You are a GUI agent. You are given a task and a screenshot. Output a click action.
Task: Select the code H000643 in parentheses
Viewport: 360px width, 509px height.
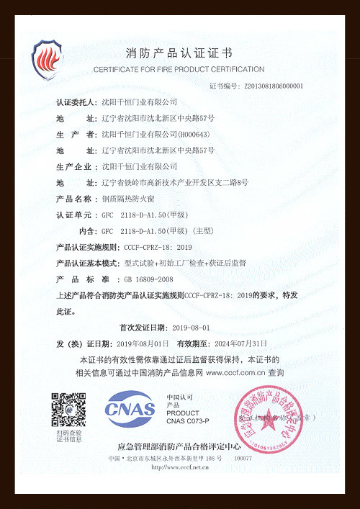[x=193, y=135]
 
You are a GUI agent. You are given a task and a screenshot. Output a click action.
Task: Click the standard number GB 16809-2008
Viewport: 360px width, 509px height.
[x=149, y=279]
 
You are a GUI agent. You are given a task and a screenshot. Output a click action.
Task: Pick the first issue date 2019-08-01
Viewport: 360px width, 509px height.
[x=186, y=327]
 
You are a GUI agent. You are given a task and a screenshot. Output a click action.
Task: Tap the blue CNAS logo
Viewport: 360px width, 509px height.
[x=130, y=409]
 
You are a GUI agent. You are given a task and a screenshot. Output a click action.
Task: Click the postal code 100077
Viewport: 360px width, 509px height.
[x=243, y=459]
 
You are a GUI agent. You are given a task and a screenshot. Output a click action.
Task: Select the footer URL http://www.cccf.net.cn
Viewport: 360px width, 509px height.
[x=180, y=467]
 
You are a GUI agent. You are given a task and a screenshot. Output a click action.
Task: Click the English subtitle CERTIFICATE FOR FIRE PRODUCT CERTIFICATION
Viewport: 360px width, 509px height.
[x=179, y=69]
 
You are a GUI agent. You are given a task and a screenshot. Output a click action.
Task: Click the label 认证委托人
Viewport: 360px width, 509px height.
[x=76, y=102]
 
